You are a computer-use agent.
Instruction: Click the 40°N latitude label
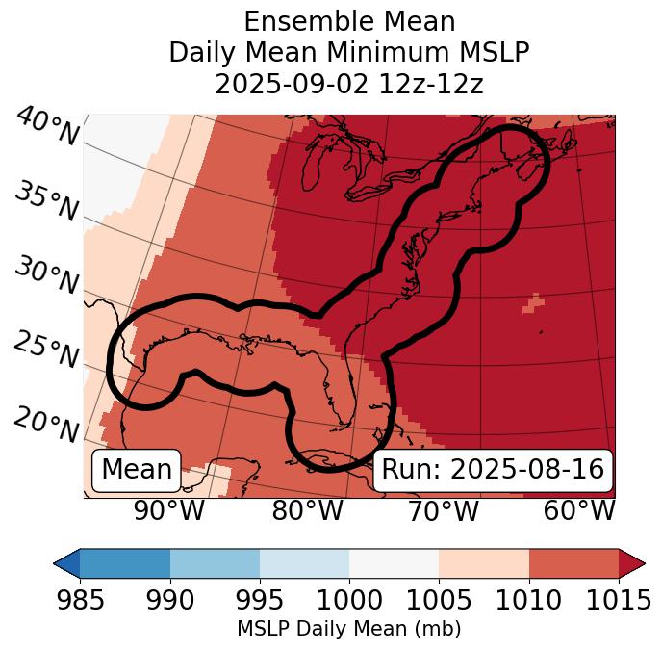[47, 127]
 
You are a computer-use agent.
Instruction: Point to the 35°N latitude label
[45, 201]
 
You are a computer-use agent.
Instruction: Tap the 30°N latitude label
[45, 276]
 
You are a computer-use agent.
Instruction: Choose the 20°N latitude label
[45, 424]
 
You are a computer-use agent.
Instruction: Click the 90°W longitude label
[168, 511]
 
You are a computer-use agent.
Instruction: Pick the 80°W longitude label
[307, 511]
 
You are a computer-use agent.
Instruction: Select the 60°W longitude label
[578, 511]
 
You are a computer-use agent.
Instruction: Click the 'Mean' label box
[137, 470]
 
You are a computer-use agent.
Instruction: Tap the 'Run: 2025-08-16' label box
[493, 470]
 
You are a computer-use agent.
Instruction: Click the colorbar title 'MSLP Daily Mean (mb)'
[349, 630]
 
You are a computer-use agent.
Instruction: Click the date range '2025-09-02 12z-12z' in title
[349, 84]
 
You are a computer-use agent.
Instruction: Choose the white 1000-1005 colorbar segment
[394, 563]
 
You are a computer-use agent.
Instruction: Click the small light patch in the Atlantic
[532, 303]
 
